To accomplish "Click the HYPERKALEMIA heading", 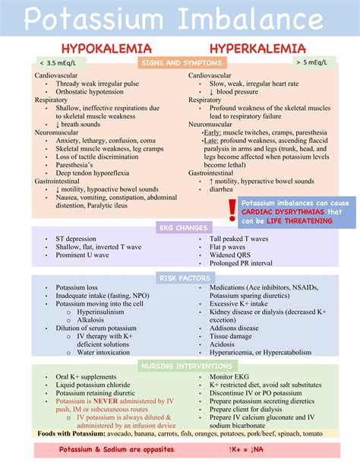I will tap(252, 49).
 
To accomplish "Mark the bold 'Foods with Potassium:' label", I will tap(74, 434).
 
